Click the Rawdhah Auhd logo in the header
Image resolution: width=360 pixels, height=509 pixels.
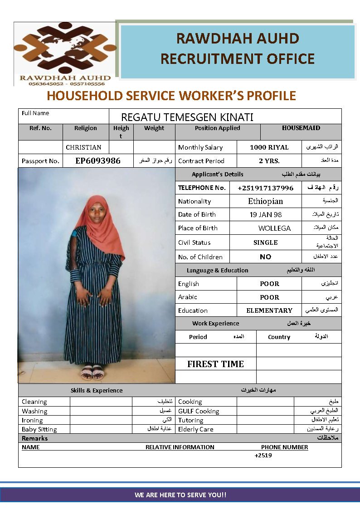click(65, 53)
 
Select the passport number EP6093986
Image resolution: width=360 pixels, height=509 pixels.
click(98, 160)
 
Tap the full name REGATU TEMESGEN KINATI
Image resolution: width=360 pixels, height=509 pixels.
click(187, 117)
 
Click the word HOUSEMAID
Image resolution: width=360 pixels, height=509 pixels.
click(301, 128)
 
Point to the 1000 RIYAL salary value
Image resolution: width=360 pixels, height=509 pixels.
click(269, 147)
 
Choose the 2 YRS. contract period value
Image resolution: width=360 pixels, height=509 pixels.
click(269, 161)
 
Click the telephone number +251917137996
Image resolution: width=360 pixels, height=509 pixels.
click(265, 188)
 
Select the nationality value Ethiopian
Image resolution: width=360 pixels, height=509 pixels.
click(265, 201)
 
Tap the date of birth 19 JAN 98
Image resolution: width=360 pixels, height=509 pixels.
click(265, 215)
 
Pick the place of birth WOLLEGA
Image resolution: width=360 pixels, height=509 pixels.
click(274, 228)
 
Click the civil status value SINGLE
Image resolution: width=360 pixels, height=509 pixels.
click(265, 242)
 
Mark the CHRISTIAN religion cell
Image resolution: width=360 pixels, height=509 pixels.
click(83, 147)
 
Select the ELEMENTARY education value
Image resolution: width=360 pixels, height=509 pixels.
click(269, 310)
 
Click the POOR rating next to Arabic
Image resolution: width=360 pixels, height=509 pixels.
click(269, 297)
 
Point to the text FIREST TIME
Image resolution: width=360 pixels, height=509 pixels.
click(215, 364)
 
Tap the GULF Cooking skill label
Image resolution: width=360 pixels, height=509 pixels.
click(199, 411)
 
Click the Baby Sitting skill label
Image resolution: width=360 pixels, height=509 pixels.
click(39, 429)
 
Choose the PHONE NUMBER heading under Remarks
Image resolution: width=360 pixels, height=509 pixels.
click(284, 447)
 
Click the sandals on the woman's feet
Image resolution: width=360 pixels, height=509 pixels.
click(92, 373)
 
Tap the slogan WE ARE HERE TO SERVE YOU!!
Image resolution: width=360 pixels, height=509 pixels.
click(180, 495)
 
